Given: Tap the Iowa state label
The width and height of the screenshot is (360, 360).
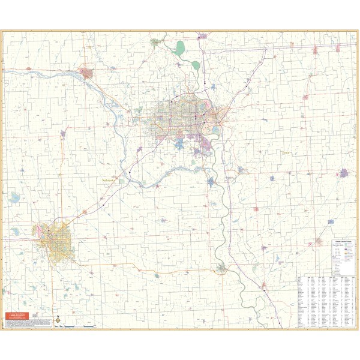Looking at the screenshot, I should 286,153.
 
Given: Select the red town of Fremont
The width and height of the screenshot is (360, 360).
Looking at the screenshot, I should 86,74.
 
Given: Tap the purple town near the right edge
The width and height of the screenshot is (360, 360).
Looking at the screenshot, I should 344,173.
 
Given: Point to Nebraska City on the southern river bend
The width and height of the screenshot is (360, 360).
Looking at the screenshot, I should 222,268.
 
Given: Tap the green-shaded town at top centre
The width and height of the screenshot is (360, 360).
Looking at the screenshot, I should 155,43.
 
